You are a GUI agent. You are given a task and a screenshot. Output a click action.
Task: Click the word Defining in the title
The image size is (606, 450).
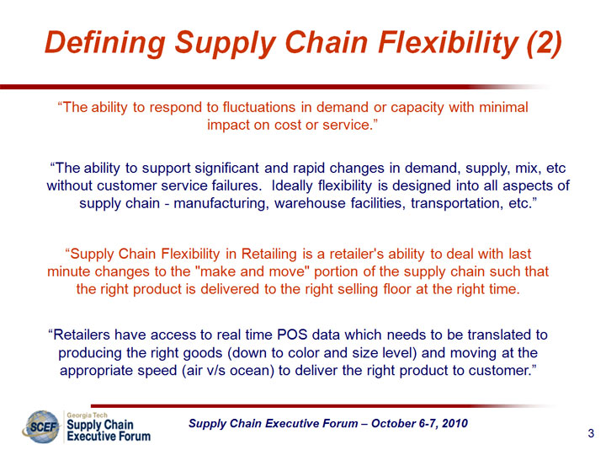[x=105, y=43]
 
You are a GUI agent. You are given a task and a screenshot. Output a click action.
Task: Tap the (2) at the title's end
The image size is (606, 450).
[x=545, y=42]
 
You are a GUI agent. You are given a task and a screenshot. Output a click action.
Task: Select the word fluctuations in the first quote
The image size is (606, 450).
[x=259, y=107]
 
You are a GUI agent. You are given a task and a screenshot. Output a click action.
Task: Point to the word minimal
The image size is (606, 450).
[x=503, y=107]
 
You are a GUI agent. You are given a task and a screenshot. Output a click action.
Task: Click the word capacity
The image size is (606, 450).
[x=417, y=108]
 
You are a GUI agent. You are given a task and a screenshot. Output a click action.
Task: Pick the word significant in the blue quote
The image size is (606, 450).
[x=227, y=169]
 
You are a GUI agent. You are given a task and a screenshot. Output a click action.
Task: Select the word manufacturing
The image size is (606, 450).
[x=221, y=204]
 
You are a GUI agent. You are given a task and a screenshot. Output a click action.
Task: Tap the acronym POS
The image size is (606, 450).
[x=292, y=335]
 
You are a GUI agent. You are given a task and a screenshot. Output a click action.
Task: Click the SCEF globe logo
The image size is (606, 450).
[x=42, y=427]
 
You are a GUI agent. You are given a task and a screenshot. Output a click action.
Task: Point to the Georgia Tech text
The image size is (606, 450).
[x=87, y=415]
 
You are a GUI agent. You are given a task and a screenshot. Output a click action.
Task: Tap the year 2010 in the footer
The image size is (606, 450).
[x=454, y=424]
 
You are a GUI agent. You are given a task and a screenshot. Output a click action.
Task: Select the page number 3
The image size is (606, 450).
[x=591, y=433]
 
